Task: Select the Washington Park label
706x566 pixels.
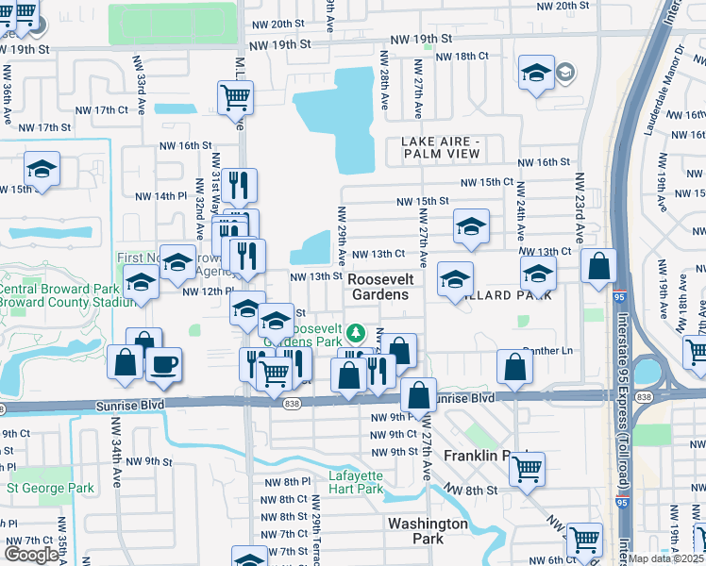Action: pyautogui.click(x=428, y=530)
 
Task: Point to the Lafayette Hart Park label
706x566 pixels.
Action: pyautogui.click(x=356, y=482)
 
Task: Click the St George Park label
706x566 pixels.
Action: pyautogui.click(x=51, y=489)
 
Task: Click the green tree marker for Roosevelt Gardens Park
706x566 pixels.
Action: pyautogui.click(x=356, y=332)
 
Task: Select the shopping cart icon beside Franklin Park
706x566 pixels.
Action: pyautogui.click(x=527, y=467)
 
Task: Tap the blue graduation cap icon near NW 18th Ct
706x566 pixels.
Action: pyautogui.click(x=536, y=73)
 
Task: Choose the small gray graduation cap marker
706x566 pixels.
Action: pyautogui.click(x=564, y=73)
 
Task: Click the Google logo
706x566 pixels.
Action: pyautogui.click(x=32, y=555)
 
